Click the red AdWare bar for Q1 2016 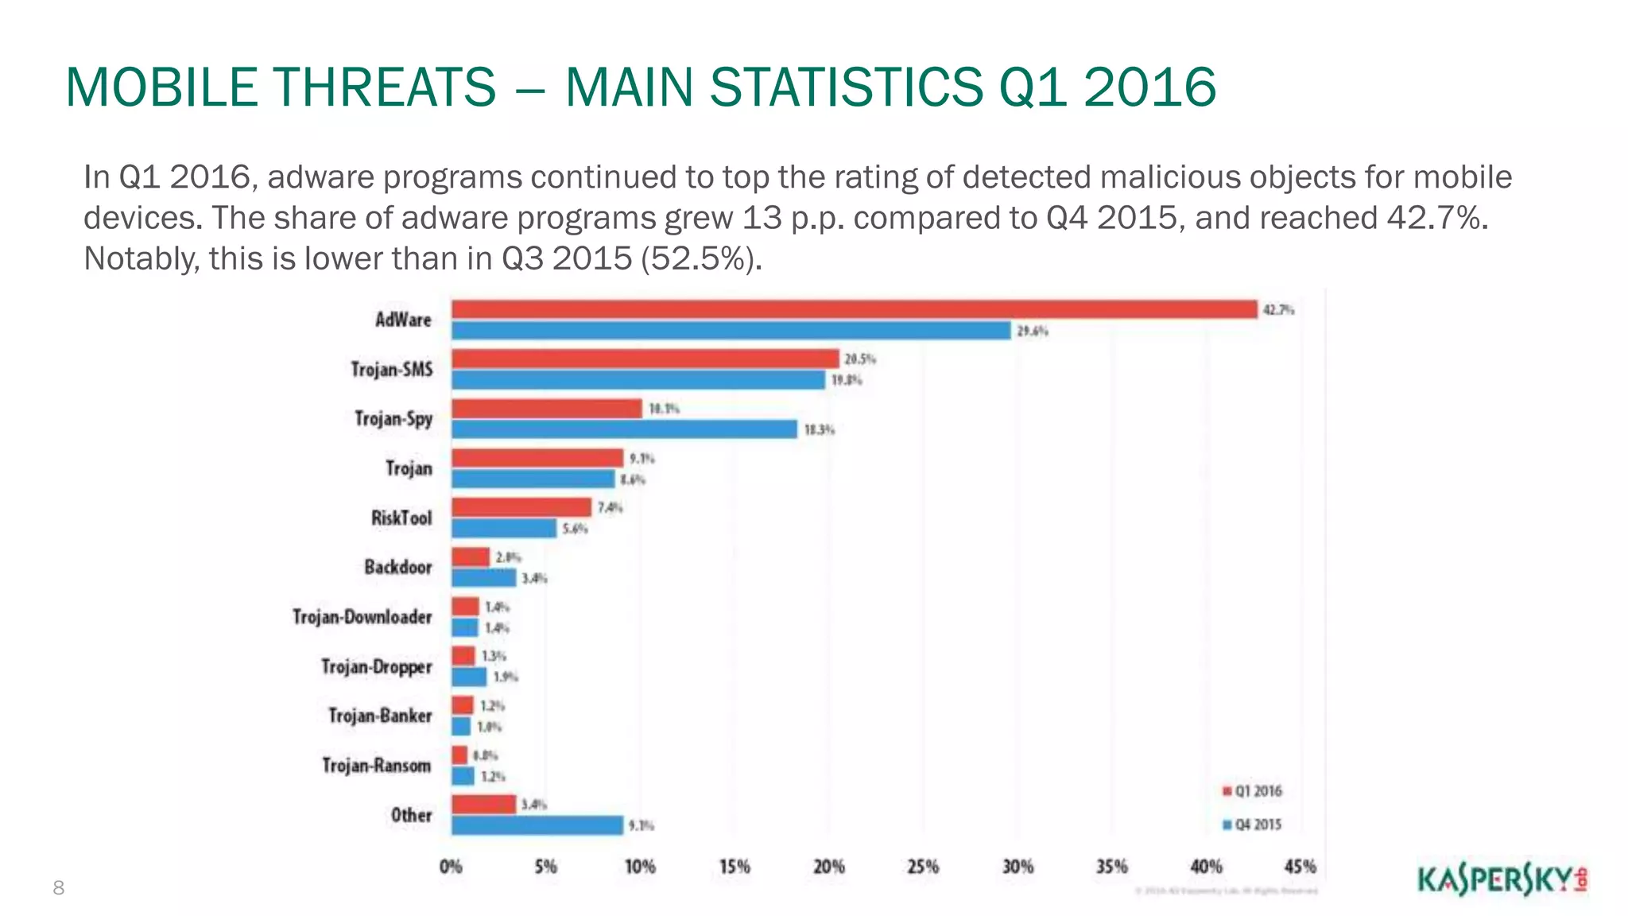pyautogui.click(x=854, y=309)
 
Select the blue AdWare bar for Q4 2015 pyautogui.click(x=731, y=331)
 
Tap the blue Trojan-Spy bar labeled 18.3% pyautogui.click(x=624, y=429)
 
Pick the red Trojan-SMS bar pyautogui.click(x=645, y=359)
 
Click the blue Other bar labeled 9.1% pyautogui.click(x=537, y=825)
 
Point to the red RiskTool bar pyautogui.click(x=521, y=507)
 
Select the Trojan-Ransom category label pyautogui.click(x=377, y=766)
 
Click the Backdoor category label pyautogui.click(x=398, y=567)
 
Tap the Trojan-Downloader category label pyautogui.click(x=362, y=617)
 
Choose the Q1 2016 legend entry pyautogui.click(x=1253, y=791)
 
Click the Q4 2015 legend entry pyautogui.click(x=1253, y=825)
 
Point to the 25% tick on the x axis pyautogui.click(x=923, y=867)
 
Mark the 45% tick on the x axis pyautogui.click(x=1300, y=867)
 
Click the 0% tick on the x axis pyautogui.click(x=451, y=867)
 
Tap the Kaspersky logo pyautogui.click(x=1502, y=880)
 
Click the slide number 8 pyautogui.click(x=58, y=888)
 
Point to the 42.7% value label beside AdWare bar pyautogui.click(x=1278, y=310)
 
